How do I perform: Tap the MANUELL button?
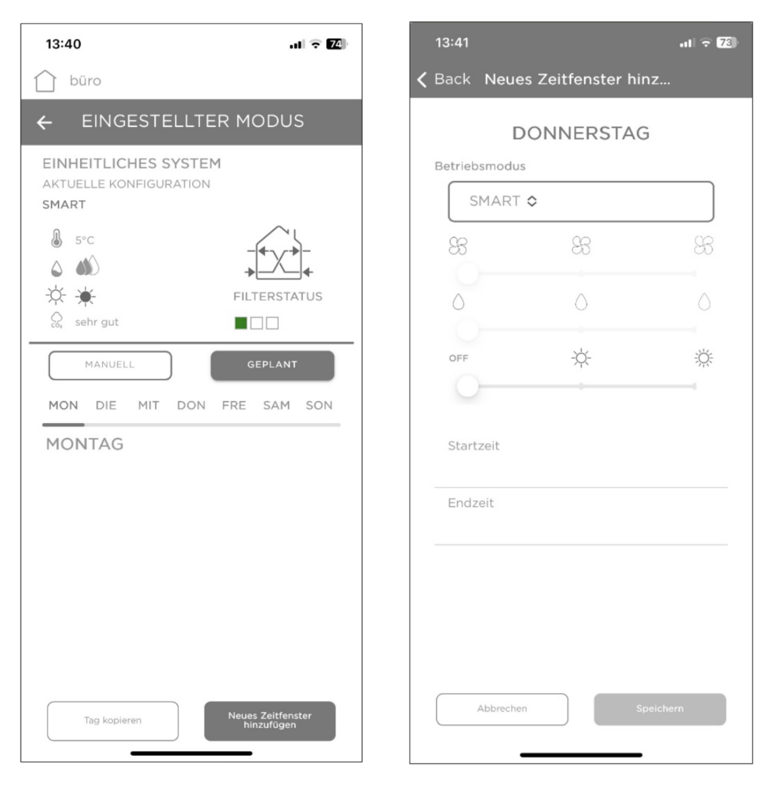[x=110, y=365]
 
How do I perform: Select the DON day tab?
[x=191, y=405]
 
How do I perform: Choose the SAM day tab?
[x=276, y=405]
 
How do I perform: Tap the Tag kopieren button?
[x=113, y=721]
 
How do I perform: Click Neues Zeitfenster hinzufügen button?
[x=270, y=721]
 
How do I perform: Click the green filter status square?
[x=241, y=323]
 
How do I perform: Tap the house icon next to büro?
[x=45, y=81]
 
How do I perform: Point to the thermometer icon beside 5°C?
[x=57, y=239]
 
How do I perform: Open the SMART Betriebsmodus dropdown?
[x=581, y=201]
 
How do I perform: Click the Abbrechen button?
[x=502, y=709]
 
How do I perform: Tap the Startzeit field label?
[x=473, y=446]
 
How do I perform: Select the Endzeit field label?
[x=470, y=503]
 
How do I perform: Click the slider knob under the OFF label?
[x=467, y=386]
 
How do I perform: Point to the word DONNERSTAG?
[x=581, y=133]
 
